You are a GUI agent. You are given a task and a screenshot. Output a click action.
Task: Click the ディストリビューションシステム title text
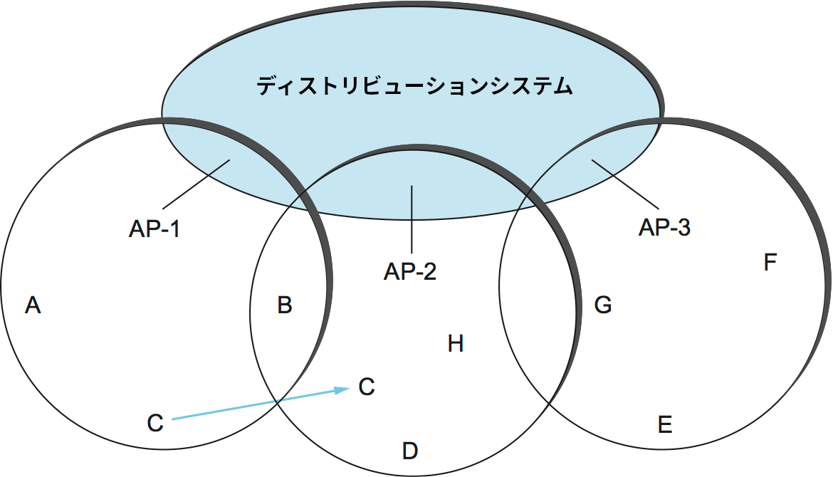tap(415, 87)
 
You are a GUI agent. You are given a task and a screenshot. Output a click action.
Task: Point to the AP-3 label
tap(664, 228)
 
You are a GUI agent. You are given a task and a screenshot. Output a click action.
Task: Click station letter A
tap(32, 305)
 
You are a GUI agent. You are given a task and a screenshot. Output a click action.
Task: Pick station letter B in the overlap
tap(285, 305)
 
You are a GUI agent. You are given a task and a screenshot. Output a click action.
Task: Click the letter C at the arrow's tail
tap(155, 423)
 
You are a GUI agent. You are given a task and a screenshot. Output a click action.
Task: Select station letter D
tap(409, 451)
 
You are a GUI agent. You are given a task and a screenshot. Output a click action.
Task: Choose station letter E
tap(665, 425)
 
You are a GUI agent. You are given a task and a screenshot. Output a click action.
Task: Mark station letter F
tap(770, 263)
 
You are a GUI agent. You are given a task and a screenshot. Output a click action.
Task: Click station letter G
tap(603, 305)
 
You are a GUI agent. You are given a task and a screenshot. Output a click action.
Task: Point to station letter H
tap(456, 345)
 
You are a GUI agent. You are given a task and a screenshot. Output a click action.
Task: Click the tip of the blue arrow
tap(348, 389)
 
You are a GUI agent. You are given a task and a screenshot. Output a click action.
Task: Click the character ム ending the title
tap(562, 87)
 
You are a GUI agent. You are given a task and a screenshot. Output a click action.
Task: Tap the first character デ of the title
tap(267, 87)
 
